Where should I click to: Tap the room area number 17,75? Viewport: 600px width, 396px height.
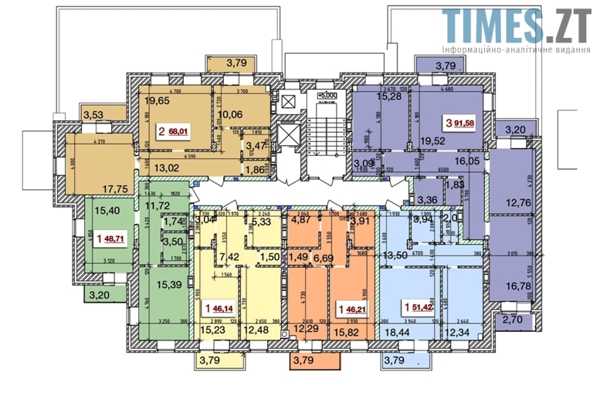114,186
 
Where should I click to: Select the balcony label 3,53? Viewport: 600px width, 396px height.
93,116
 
